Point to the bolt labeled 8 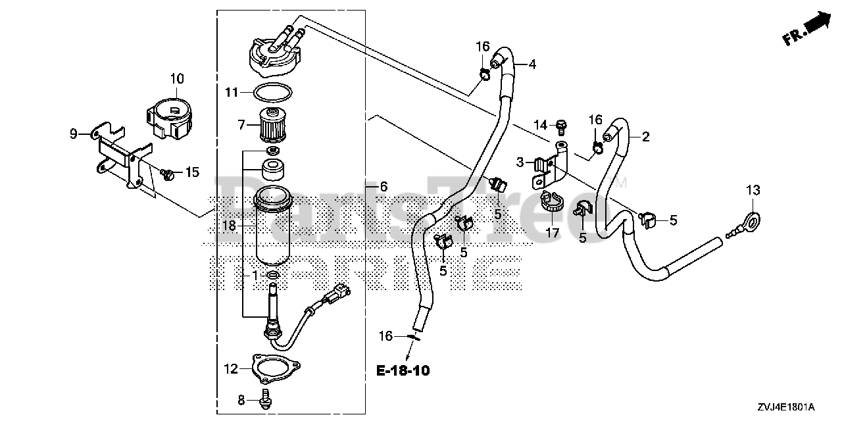(267, 397)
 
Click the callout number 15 (191, 172)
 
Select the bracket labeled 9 (118, 151)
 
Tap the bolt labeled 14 (561, 124)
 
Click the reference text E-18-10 (403, 371)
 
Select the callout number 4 (532, 64)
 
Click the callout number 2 (645, 137)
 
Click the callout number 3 (520, 161)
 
